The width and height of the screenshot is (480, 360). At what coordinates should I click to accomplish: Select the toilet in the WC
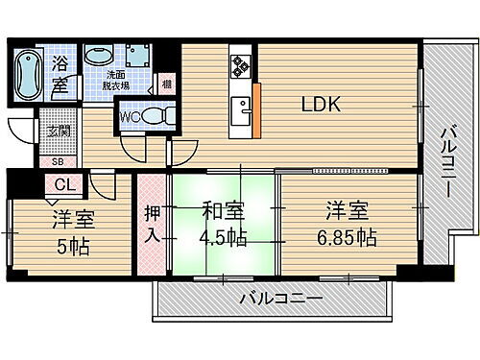[158, 116]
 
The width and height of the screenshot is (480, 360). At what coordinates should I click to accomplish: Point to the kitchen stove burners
[239, 66]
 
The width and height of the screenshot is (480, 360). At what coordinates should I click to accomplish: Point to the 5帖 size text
[73, 247]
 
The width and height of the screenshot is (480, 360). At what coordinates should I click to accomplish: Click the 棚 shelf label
[167, 84]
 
